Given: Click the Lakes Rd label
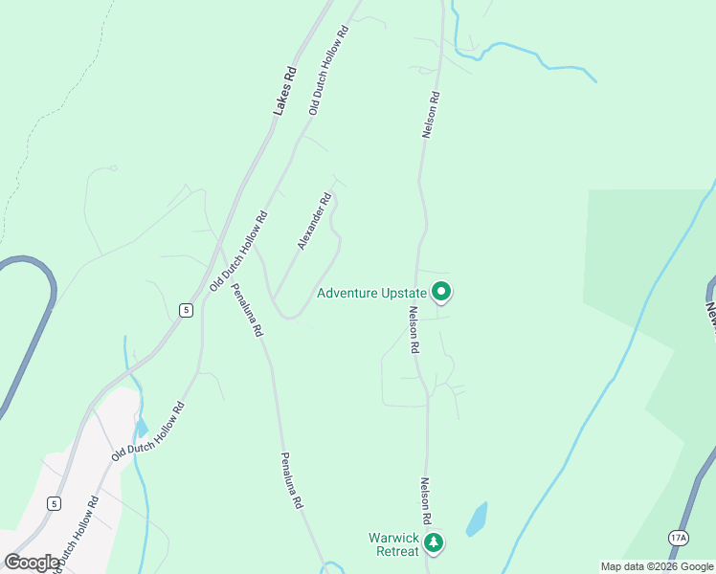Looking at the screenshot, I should point(284,92).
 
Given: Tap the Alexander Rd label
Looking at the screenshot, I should point(314,222).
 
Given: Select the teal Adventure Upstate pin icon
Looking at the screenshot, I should point(441,291).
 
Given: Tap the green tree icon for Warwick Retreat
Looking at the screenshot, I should point(435,543).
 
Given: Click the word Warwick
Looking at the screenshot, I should point(394,538).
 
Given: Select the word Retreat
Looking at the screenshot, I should point(394,551).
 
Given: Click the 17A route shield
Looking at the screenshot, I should point(679,539).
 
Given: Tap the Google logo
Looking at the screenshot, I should point(33,563).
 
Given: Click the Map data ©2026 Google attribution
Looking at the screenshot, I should point(657,566).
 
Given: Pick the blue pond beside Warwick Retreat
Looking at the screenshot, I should point(476,519).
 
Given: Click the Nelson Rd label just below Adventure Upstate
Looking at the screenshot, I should point(414,330).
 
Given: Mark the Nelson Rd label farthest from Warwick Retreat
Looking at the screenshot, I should point(433,115).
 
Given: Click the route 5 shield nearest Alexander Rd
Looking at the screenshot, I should point(186,309).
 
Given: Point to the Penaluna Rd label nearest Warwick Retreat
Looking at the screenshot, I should point(292,480).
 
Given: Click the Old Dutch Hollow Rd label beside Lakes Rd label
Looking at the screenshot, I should point(327,70).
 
